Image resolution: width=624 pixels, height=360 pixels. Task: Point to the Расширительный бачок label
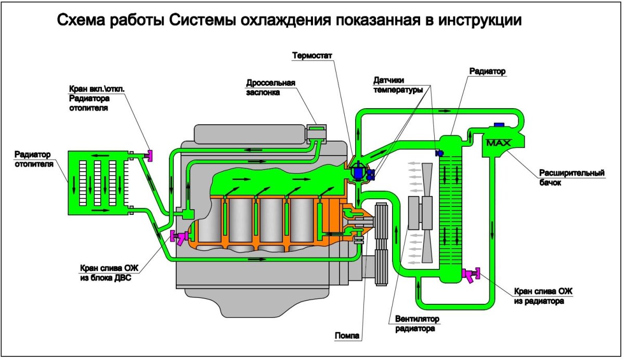[571, 177]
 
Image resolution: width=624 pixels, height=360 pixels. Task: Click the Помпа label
[347, 336]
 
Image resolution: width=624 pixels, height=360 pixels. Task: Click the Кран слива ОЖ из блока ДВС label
[106, 274]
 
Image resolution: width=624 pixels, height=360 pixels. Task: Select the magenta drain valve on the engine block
[178, 237]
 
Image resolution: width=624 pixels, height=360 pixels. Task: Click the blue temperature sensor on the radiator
[438, 153]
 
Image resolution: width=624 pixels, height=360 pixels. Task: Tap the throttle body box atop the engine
[316, 131]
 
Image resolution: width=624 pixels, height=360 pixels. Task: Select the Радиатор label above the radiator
[487, 71]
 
